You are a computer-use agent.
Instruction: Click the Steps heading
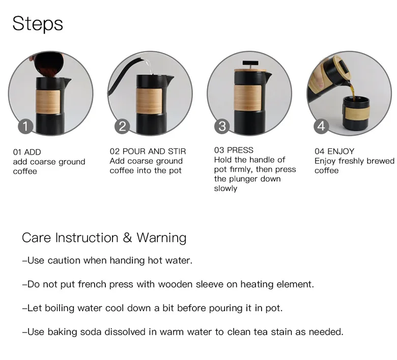tap(38, 24)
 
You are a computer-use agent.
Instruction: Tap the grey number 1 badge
tap(25, 126)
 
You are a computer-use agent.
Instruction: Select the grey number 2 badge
tap(122, 126)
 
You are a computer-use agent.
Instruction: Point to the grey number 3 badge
tap(222, 126)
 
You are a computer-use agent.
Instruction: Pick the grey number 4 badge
tap(321, 126)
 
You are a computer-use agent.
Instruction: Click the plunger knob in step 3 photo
tap(250, 63)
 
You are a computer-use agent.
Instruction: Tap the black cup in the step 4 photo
tap(356, 112)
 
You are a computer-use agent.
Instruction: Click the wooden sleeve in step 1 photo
tap(48, 102)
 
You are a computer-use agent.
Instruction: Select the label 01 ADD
tap(27, 152)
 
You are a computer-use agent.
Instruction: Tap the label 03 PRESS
tap(234, 150)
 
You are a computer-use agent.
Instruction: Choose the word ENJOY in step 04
tap(341, 152)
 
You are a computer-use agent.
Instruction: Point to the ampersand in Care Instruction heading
tap(128, 237)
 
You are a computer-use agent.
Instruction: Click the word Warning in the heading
tap(161, 238)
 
